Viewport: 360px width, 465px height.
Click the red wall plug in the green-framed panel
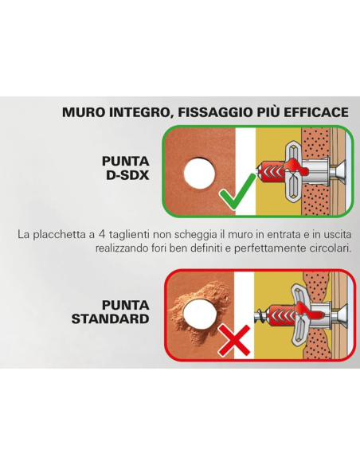pos(276,172)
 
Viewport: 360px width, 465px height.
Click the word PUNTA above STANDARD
pos(126,305)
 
